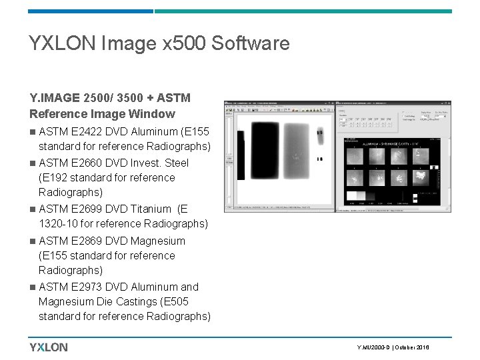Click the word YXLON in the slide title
click(x=59, y=44)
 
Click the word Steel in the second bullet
click(x=175, y=163)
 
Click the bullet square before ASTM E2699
click(x=33, y=209)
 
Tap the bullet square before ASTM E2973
click(x=33, y=287)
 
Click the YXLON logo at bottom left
click(x=48, y=347)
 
